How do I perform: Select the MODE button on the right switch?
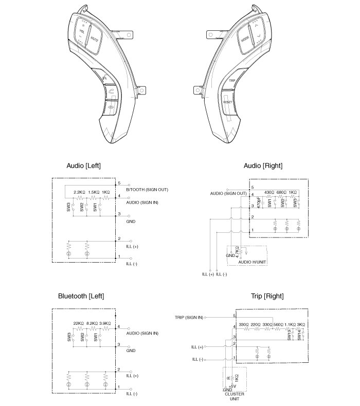click(x=245, y=39)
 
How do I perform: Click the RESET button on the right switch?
click(x=228, y=102)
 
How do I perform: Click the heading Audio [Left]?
click(x=84, y=165)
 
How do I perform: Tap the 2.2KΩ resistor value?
click(x=79, y=192)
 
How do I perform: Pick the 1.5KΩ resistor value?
click(x=94, y=192)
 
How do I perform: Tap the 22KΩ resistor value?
click(x=78, y=323)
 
